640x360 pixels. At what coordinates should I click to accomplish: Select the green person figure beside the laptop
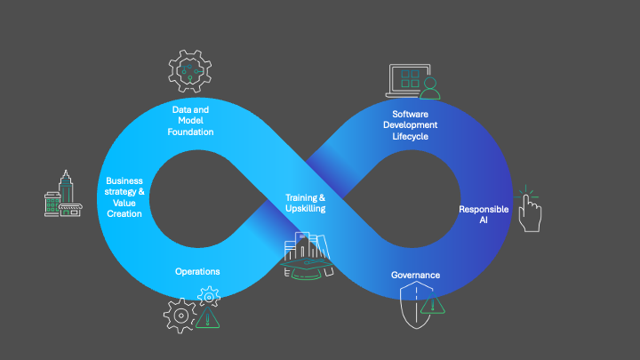431,86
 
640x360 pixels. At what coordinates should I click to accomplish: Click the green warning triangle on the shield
434,306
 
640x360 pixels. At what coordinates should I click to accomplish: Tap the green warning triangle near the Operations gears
210,317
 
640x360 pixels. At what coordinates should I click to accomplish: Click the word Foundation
190,132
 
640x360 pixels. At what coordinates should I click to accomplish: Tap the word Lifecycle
416,136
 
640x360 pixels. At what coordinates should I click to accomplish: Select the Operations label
196,271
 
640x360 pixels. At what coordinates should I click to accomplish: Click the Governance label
415,275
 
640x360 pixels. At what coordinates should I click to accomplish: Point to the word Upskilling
305,208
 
